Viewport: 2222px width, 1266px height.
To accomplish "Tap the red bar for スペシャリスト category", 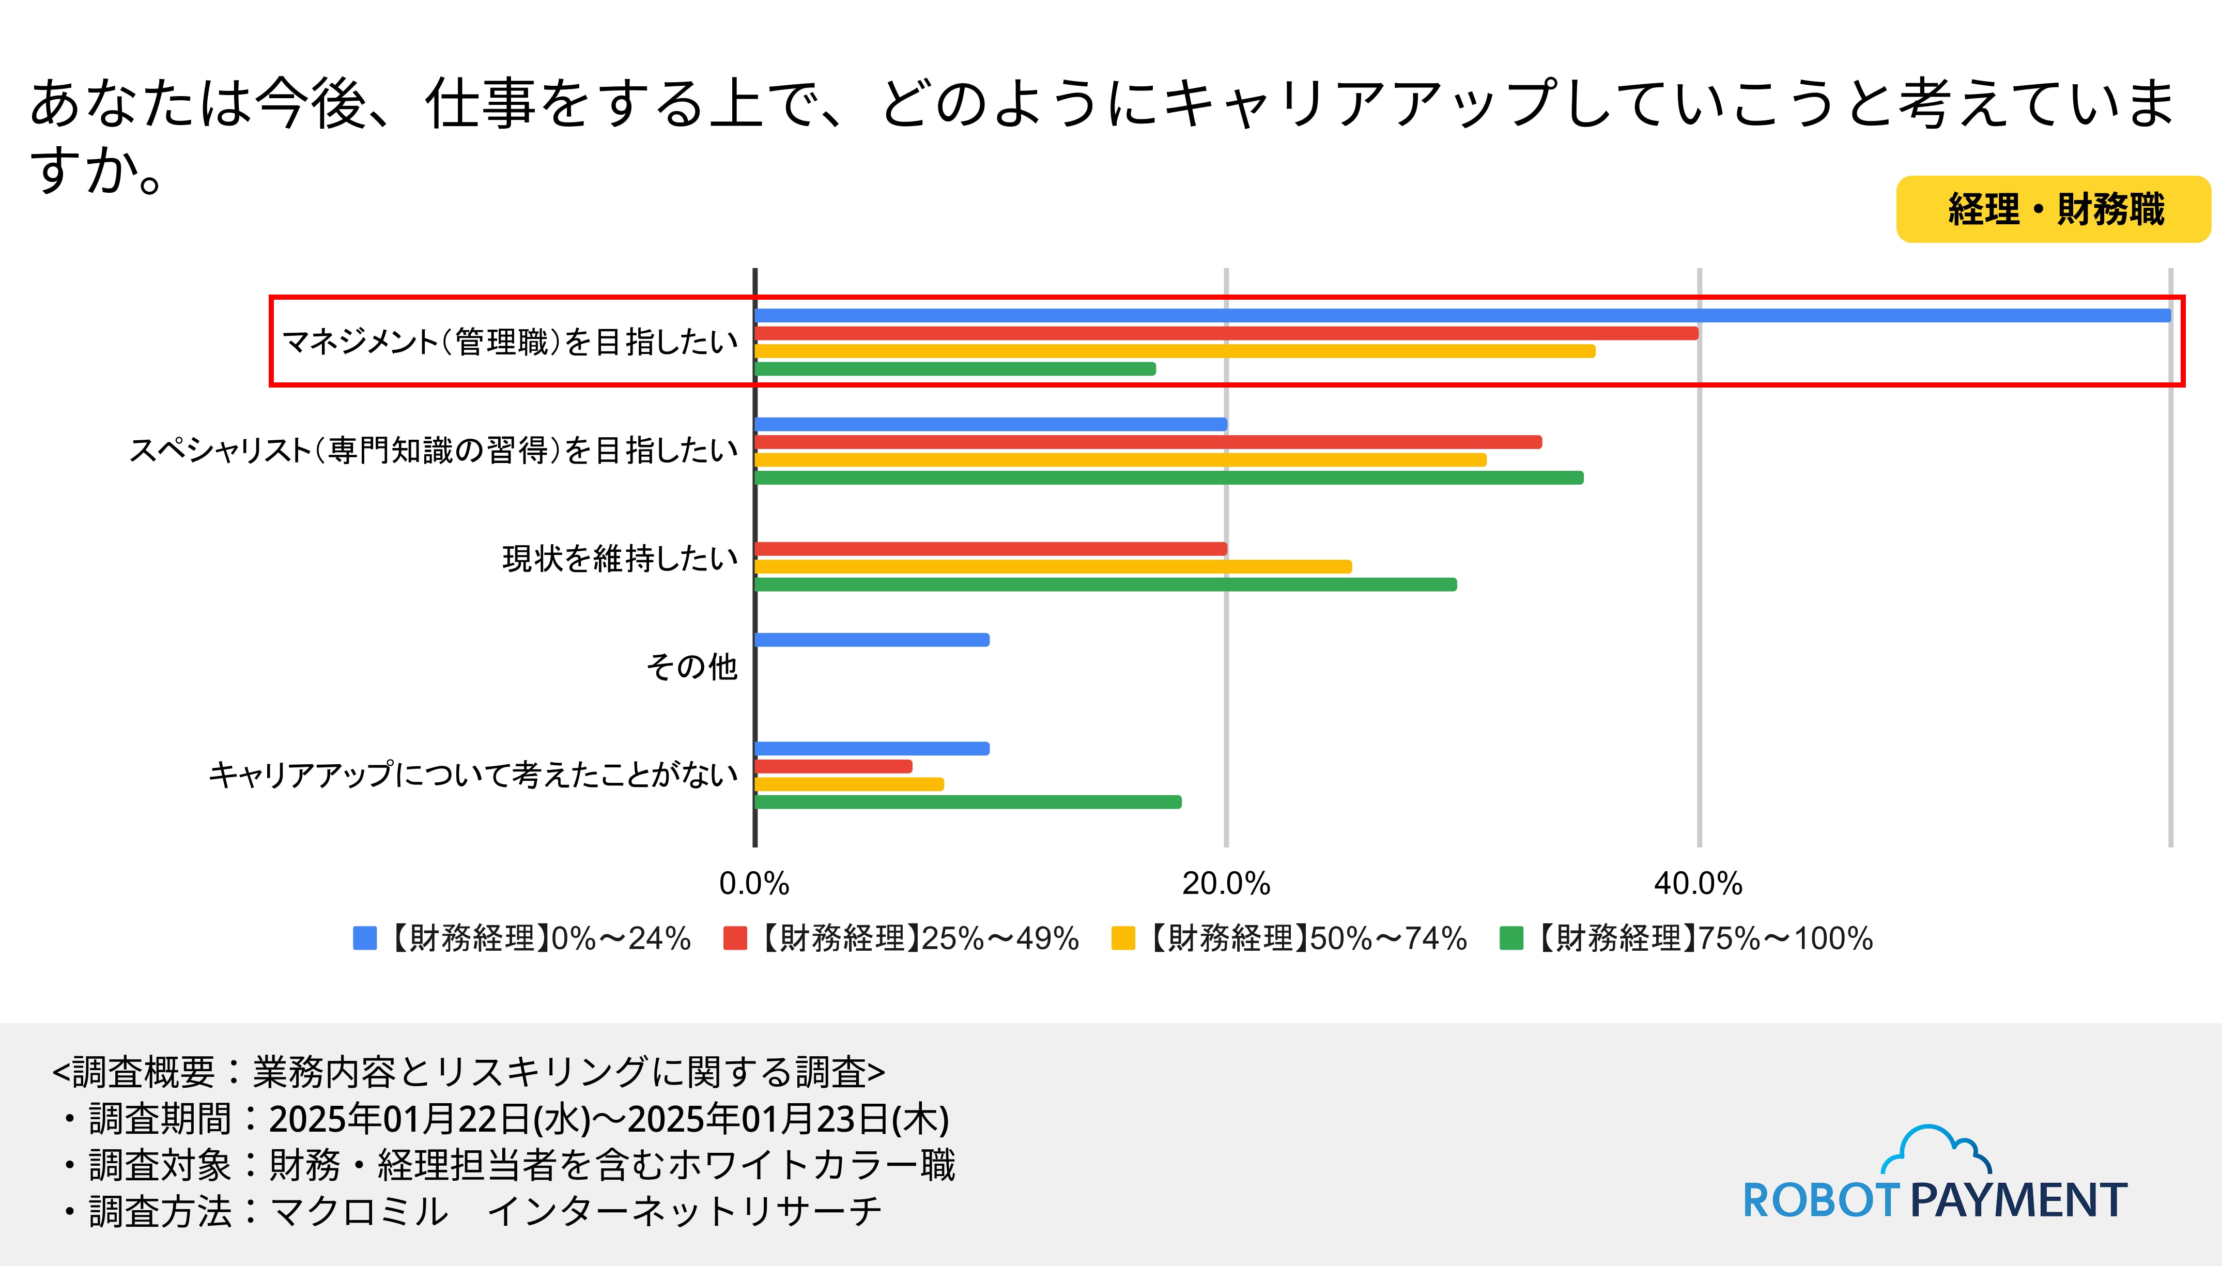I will click(1148, 442).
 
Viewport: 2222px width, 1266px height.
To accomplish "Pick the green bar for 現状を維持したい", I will click(1104, 584).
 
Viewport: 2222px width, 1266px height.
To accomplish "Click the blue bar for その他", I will click(871, 640).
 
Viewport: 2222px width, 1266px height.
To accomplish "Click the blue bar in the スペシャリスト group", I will click(991, 424).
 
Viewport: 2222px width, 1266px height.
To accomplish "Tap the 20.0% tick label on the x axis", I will click(1226, 884).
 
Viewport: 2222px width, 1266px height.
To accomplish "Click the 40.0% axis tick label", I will click(1698, 884).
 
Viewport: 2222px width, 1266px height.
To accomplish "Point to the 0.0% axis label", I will click(754, 884).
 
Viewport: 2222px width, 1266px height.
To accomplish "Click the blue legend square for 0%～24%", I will click(365, 938).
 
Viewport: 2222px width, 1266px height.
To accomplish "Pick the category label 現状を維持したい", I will click(620, 558).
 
